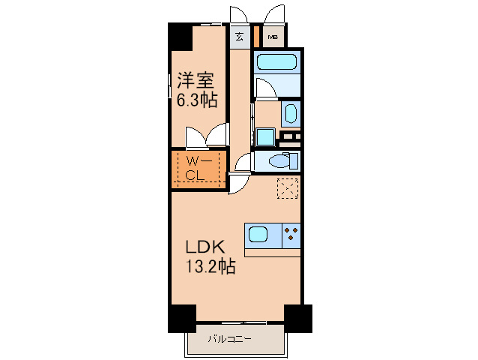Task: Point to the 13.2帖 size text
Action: [211, 266]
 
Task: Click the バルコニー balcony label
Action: [229, 339]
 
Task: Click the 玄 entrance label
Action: [240, 36]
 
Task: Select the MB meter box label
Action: [273, 36]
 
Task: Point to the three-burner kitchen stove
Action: [291, 235]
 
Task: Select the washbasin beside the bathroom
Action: [291, 115]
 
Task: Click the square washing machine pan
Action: [265, 137]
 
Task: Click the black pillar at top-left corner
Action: [180, 37]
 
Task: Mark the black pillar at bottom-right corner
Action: [298, 319]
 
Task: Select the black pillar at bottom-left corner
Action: [181, 319]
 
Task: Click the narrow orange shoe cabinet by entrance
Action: [255, 36]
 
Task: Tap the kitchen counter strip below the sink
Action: [273, 253]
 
